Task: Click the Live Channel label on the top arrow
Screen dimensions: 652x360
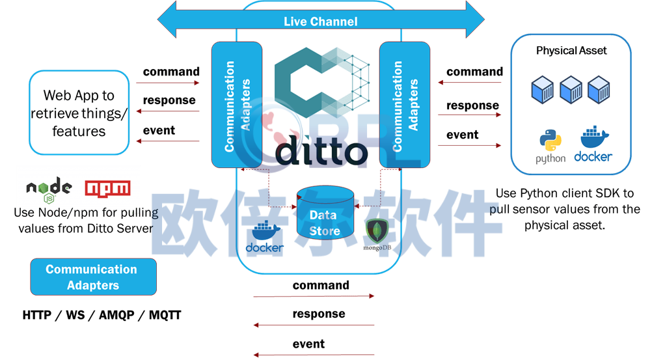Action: point(320,21)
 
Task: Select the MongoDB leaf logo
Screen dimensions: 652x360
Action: point(377,231)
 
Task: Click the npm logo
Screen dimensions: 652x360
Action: point(107,189)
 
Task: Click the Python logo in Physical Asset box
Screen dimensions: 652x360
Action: point(550,140)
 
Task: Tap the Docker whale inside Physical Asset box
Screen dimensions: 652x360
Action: point(594,137)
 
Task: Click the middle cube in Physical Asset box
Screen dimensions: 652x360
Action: point(571,89)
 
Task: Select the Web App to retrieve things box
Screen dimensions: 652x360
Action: point(79,113)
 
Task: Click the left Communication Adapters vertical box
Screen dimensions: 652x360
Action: point(237,105)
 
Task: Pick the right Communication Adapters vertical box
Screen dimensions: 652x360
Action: point(405,105)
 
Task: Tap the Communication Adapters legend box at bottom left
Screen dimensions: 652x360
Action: point(93,277)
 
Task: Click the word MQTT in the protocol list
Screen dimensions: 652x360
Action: point(165,315)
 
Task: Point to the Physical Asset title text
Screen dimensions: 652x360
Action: point(571,51)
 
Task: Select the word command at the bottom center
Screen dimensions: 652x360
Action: point(321,285)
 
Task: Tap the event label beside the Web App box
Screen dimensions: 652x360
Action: point(159,130)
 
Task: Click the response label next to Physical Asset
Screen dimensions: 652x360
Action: point(472,105)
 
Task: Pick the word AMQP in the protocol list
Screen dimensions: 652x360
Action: point(116,315)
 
